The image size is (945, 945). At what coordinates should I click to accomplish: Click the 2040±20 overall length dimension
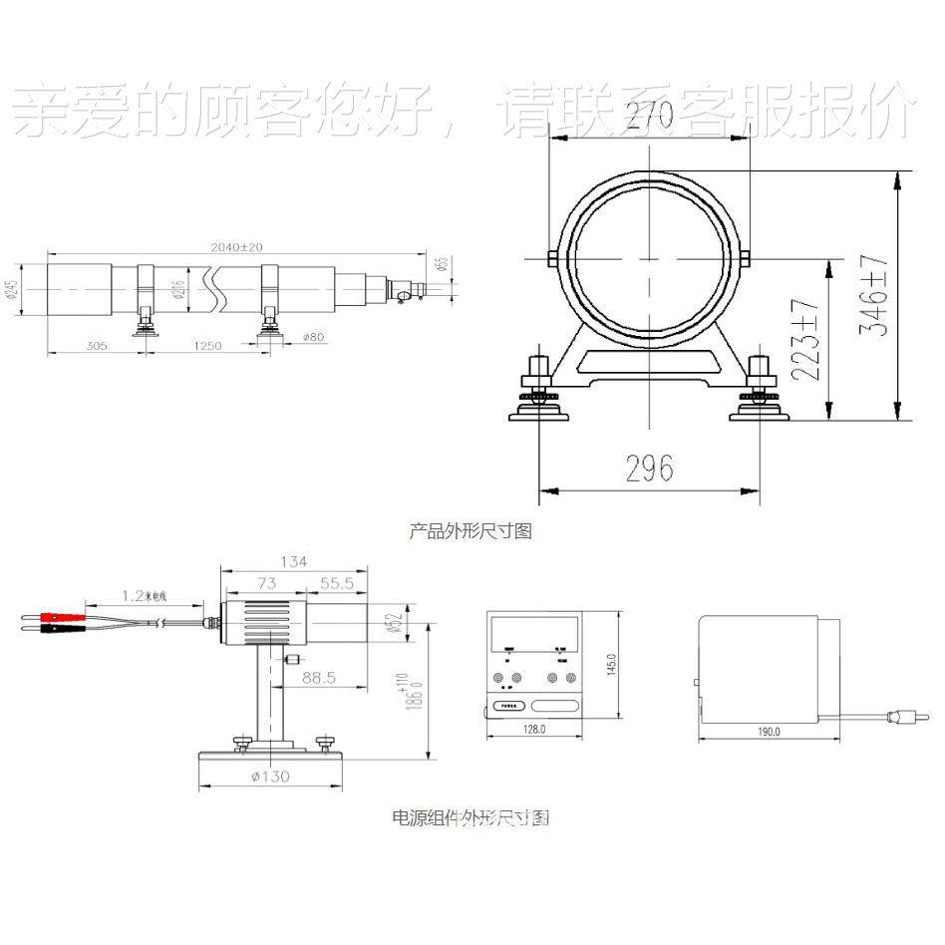[236, 246]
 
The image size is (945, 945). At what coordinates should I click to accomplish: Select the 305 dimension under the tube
[96, 346]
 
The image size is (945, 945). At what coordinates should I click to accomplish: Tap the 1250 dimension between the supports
[207, 346]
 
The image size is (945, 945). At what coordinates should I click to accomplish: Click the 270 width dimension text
[648, 117]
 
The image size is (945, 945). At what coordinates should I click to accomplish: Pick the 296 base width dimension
[649, 468]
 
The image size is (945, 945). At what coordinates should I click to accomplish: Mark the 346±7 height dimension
[873, 295]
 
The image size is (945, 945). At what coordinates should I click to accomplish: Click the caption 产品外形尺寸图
[471, 531]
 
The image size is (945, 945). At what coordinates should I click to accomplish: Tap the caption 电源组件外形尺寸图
[471, 818]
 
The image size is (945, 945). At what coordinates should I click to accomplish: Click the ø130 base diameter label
[271, 776]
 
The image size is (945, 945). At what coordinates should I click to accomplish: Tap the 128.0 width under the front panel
[534, 730]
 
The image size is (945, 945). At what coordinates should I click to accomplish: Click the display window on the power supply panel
[534, 631]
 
